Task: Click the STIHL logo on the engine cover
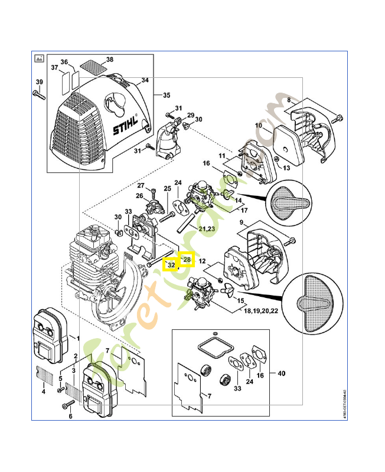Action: (x=126, y=125)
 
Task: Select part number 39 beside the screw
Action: (x=39, y=81)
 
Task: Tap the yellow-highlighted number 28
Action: (x=187, y=259)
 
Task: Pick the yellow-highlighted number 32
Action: (x=171, y=265)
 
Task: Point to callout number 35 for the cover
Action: (x=167, y=95)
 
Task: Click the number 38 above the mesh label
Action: (x=110, y=60)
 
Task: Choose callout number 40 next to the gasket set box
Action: (x=280, y=373)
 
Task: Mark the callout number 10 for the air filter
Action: (x=259, y=125)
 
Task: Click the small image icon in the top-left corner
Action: (x=39, y=57)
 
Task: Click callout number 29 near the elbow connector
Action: (x=191, y=114)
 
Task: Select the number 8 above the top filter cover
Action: (x=289, y=101)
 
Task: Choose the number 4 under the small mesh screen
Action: (x=43, y=391)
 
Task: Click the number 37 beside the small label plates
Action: (x=54, y=67)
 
